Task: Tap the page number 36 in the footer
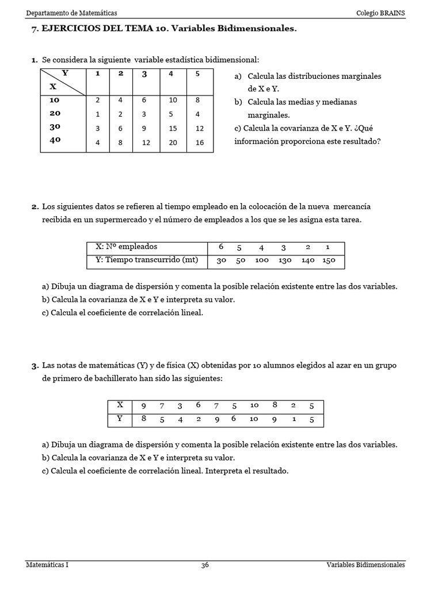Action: coord(205,565)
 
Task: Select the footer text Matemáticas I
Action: coord(47,565)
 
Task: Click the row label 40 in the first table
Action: coord(55,140)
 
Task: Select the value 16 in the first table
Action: coord(200,142)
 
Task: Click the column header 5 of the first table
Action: coord(197,74)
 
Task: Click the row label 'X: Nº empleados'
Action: coord(126,247)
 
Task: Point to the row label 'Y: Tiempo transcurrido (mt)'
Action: coord(146,260)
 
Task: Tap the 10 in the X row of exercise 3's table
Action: coord(254,406)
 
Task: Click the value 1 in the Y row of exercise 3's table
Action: coord(295,419)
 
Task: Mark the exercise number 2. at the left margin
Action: coord(35,206)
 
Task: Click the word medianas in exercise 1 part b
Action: coord(336,102)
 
